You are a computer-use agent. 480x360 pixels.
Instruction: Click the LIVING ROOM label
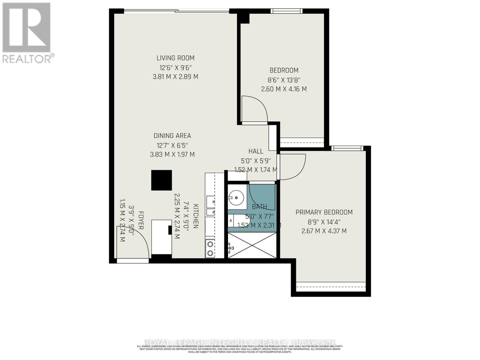click(x=175, y=58)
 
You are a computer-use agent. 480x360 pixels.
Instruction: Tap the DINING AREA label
click(x=172, y=136)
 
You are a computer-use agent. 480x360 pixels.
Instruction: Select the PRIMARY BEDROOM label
click(x=324, y=212)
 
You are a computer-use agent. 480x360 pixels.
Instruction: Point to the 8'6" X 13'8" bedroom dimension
click(x=284, y=80)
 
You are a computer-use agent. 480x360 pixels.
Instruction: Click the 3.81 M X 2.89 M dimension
click(x=175, y=77)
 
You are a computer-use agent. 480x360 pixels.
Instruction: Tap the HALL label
click(x=256, y=151)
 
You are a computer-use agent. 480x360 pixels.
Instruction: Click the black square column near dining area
click(x=161, y=180)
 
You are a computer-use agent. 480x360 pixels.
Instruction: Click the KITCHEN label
click(x=196, y=216)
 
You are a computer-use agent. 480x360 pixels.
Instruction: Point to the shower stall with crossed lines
click(x=252, y=246)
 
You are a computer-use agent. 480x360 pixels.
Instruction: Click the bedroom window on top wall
click(x=286, y=11)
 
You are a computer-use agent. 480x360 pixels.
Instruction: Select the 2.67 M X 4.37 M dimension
click(x=324, y=231)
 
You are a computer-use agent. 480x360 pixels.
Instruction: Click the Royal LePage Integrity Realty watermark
click(x=240, y=343)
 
